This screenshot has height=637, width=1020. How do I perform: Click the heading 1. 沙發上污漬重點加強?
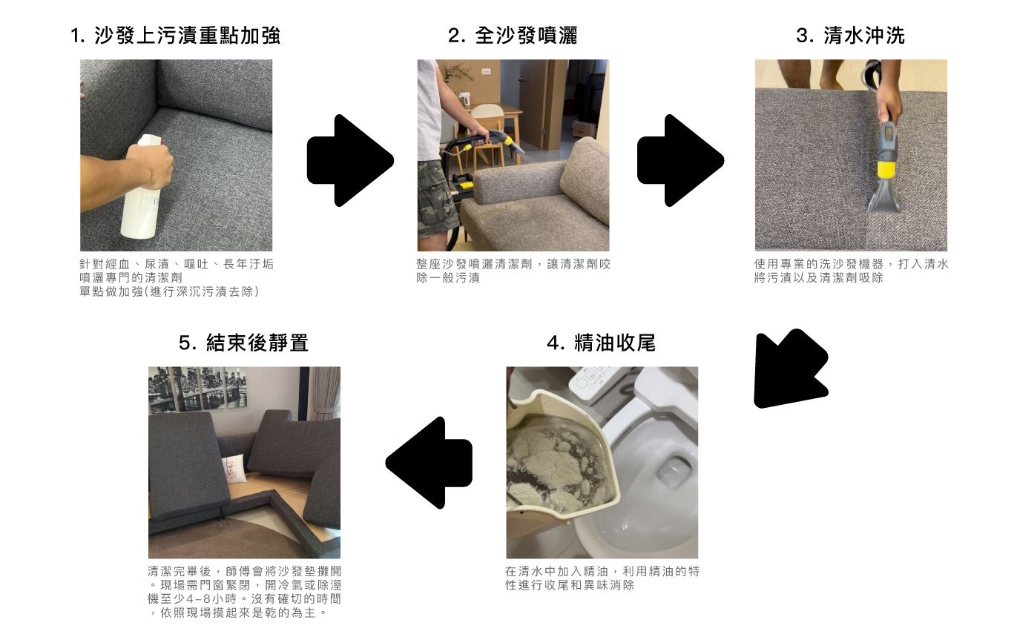[175, 36]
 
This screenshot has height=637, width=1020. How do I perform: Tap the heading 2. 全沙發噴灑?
[513, 36]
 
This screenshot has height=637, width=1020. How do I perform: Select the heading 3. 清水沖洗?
[850, 36]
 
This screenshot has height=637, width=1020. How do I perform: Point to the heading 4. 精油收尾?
[601, 343]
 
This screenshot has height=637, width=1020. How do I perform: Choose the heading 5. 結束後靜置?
[243, 343]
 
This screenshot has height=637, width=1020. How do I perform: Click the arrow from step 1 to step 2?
[350, 160]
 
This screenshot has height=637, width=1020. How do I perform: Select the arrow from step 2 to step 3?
[680, 160]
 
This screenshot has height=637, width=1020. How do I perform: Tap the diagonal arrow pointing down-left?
[790, 369]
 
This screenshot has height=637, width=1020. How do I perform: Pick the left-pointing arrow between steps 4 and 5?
[429, 463]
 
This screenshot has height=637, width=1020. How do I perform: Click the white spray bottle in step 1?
[143, 187]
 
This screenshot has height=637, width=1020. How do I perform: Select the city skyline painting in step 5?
[197, 389]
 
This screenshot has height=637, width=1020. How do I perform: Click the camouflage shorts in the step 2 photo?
[435, 198]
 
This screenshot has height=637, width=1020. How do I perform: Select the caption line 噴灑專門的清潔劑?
[131, 278]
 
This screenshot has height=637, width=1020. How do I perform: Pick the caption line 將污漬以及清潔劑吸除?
[818, 278]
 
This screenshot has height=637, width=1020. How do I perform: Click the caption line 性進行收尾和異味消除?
[570, 585]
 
